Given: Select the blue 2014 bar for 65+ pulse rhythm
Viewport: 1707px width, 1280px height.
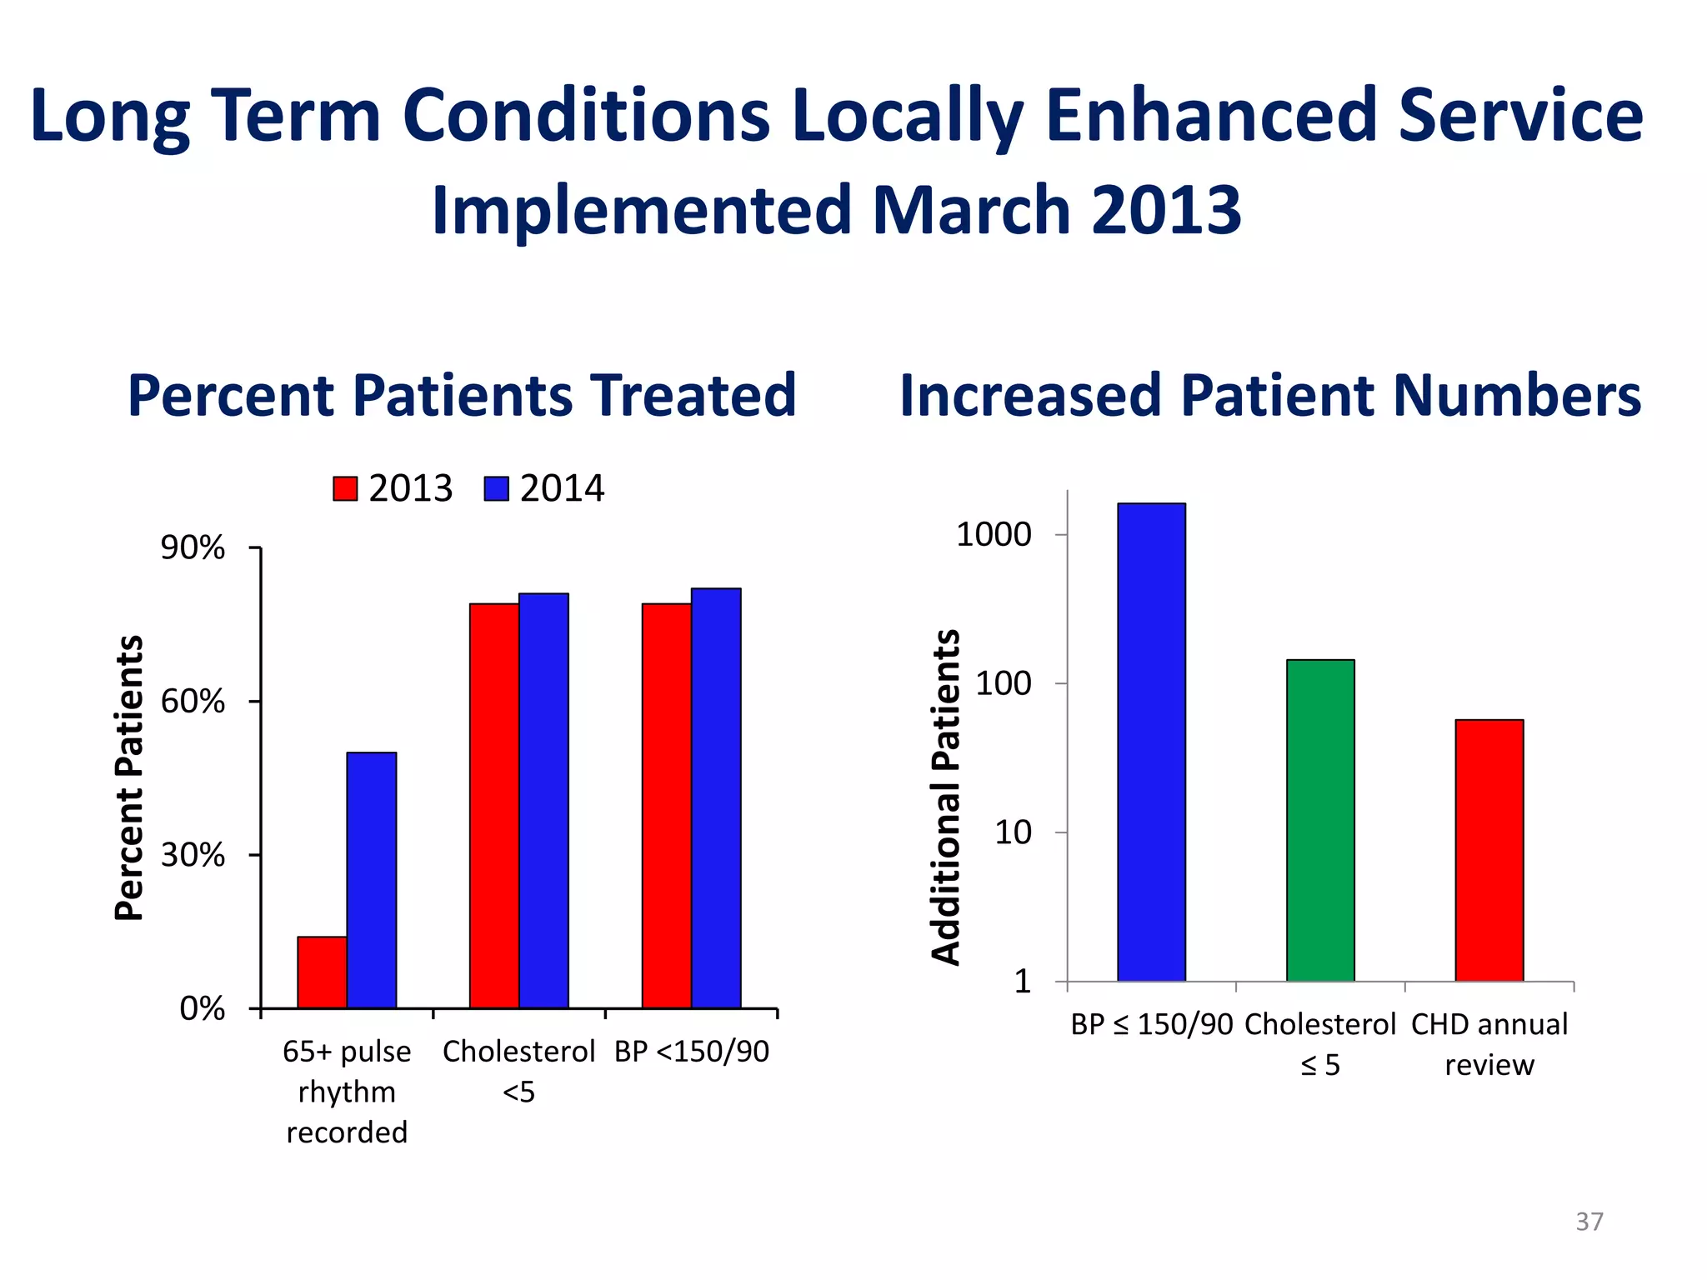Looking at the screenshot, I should (x=372, y=880).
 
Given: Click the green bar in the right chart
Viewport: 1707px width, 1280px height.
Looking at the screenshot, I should (x=1320, y=820).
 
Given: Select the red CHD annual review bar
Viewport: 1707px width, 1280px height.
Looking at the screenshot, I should (x=1489, y=850).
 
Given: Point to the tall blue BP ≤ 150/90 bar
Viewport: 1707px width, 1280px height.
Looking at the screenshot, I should (x=1151, y=742).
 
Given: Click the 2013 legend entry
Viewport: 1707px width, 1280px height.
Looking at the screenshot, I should (x=393, y=488).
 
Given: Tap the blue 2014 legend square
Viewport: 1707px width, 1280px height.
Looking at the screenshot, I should (x=497, y=488).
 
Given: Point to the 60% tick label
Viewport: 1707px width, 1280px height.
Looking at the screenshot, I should (x=193, y=702).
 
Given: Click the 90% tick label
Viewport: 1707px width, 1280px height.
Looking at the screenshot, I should (x=193, y=548).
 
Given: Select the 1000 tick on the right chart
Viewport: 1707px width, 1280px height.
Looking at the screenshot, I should (x=994, y=534).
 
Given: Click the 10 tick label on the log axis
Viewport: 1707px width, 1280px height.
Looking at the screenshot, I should (x=1013, y=832).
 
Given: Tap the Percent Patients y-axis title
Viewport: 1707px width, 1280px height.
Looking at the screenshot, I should (x=129, y=777).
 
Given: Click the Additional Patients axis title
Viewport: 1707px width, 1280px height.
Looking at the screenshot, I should (x=946, y=797).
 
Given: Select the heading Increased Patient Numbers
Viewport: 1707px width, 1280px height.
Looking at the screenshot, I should (x=1270, y=395).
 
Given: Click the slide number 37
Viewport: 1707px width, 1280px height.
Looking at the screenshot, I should (x=1589, y=1222).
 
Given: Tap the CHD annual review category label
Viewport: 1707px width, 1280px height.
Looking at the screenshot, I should (x=1489, y=1044).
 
